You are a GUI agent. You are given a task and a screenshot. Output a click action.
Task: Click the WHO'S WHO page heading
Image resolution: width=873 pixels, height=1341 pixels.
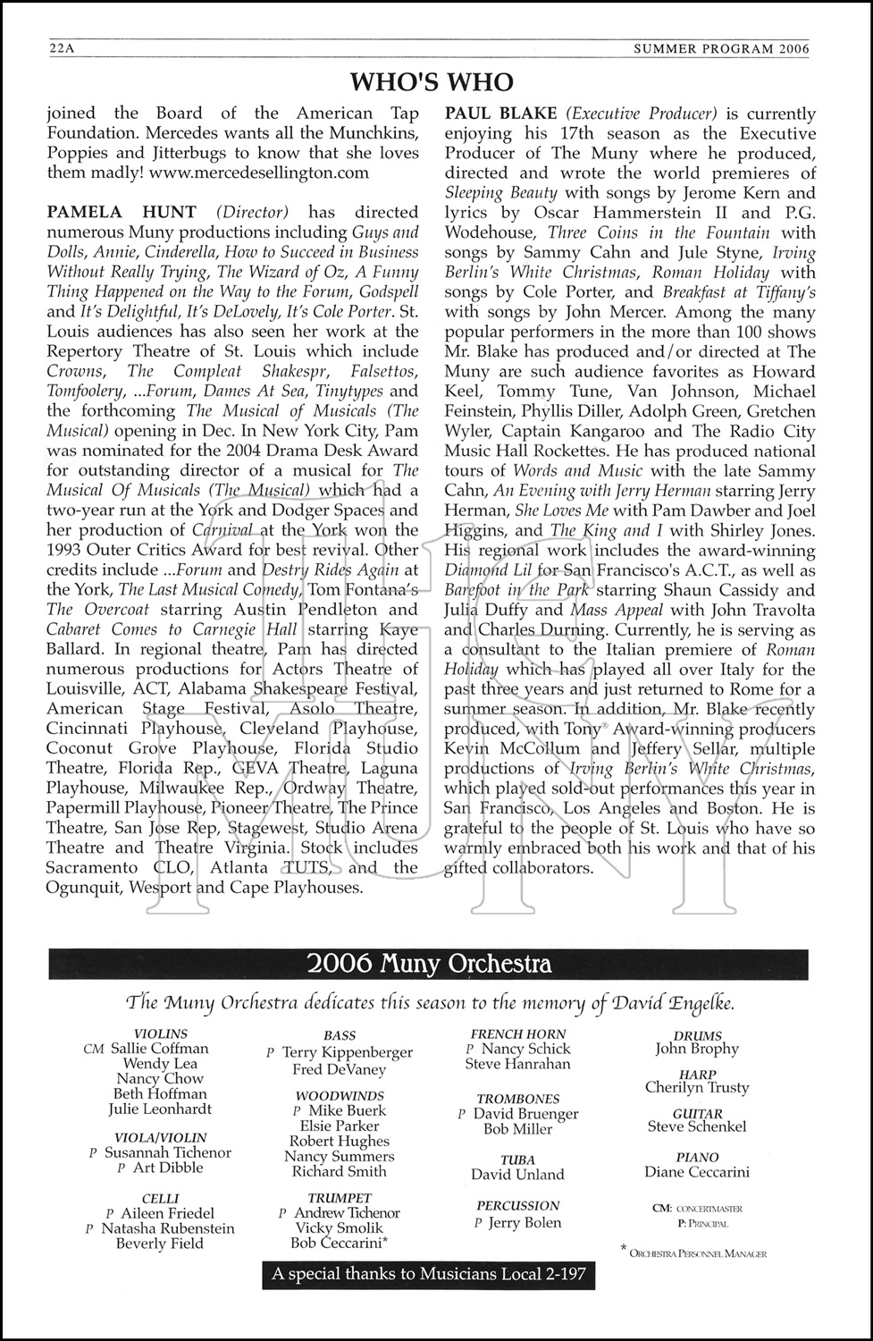pyautogui.click(x=432, y=82)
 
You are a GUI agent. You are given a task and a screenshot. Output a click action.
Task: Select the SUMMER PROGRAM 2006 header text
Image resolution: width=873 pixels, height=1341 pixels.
pyautogui.click(x=721, y=50)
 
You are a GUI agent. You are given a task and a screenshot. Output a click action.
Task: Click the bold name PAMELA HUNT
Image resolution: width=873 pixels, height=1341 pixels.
pyautogui.click(x=122, y=213)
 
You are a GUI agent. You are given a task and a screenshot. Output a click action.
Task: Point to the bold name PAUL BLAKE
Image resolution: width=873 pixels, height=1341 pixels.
pyautogui.click(x=501, y=114)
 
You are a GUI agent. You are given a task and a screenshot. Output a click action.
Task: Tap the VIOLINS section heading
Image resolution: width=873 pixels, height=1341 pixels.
pyautogui.click(x=161, y=1034)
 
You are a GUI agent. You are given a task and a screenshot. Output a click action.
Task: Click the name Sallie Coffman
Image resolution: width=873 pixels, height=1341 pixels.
pyautogui.click(x=159, y=1049)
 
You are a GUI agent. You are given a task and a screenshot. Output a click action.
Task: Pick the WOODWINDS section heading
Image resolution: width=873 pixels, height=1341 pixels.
pyautogui.click(x=340, y=1096)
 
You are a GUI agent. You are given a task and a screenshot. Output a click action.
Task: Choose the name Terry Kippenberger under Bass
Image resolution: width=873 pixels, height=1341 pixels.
pyautogui.click(x=347, y=1053)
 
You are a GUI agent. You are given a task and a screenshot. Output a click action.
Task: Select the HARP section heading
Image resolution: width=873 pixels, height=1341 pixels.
pyautogui.click(x=697, y=1075)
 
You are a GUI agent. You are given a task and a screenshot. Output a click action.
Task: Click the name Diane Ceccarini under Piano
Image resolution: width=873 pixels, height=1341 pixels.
pyautogui.click(x=697, y=1172)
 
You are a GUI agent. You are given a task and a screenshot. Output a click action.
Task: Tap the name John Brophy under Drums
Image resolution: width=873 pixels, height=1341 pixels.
pyautogui.click(x=697, y=1050)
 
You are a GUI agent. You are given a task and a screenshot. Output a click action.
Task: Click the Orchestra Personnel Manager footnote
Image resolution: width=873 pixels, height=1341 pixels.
pyautogui.click(x=697, y=1253)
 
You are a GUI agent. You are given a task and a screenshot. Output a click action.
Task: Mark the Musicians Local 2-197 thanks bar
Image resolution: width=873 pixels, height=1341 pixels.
pyautogui.click(x=429, y=1274)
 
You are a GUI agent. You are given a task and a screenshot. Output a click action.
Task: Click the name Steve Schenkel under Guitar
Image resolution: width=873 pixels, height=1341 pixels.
pyautogui.click(x=697, y=1127)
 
